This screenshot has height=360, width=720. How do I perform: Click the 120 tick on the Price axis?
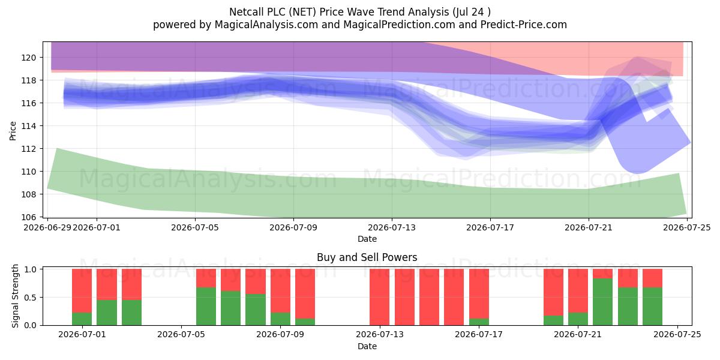coord(28,58)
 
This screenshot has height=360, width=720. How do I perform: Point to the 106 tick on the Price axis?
coord(28,217)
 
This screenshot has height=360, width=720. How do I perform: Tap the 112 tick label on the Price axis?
coord(28,149)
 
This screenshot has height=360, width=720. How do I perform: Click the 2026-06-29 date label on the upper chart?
coord(47,227)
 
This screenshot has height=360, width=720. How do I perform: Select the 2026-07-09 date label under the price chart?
coord(293,227)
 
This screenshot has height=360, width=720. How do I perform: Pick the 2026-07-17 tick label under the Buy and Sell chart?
coord(479,335)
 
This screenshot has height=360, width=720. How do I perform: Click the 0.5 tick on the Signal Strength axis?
coord(31,298)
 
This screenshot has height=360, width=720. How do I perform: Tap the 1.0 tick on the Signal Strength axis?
coord(31,269)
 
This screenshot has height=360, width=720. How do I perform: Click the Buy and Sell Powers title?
coord(367,257)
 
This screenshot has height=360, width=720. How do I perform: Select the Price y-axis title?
coord(13,131)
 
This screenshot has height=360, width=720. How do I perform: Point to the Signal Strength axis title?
coord(15,296)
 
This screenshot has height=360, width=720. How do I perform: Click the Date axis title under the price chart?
coord(367,239)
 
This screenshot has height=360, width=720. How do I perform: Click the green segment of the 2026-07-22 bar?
coord(602,302)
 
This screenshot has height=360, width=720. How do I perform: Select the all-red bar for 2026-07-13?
coord(380,297)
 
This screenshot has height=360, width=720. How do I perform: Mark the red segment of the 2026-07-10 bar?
coord(305,294)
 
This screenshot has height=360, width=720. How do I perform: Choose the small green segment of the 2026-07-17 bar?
coord(479,322)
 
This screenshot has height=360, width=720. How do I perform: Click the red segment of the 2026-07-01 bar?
coord(82,291)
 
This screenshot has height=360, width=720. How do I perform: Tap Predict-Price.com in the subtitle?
coord(524,25)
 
